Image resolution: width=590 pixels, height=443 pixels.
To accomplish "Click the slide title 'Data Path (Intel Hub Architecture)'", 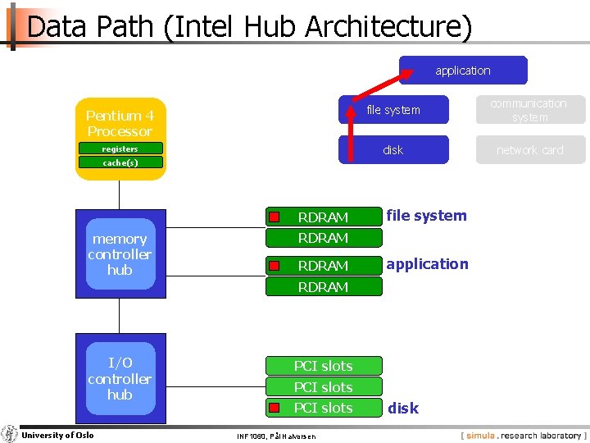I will click(250, 27).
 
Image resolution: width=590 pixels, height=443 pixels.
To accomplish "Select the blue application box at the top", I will click(463, 71).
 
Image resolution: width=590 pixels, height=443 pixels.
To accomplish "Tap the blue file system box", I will click(393, 110).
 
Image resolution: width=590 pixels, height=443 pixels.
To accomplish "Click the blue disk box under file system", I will click(393, 150).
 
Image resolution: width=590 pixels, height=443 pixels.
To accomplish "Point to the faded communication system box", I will click(529, 110).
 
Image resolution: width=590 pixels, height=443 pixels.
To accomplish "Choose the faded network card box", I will click(529, 150).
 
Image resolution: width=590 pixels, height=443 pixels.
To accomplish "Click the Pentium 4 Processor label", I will click(120, 123).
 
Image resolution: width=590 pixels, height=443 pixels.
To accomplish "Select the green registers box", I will click(120, 148).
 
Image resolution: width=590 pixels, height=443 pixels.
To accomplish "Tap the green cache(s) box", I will click(120, 162).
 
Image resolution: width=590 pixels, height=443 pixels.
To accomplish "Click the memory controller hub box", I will click(120, 254).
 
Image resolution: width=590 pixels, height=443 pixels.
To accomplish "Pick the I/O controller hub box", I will click(120, 378).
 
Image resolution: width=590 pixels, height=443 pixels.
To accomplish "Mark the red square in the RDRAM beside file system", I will click(275, 217).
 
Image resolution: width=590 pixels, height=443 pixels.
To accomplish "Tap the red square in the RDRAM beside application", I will click(275, 265).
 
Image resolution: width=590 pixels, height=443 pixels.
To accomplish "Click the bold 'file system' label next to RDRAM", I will click(426, 216).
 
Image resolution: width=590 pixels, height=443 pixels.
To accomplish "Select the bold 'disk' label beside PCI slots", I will click(403, 408).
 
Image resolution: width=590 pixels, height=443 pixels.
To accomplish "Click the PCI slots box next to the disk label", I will click(323, 408).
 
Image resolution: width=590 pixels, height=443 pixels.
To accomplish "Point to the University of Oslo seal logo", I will click(10, 434).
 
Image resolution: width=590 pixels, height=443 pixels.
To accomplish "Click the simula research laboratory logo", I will click(524, 436).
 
